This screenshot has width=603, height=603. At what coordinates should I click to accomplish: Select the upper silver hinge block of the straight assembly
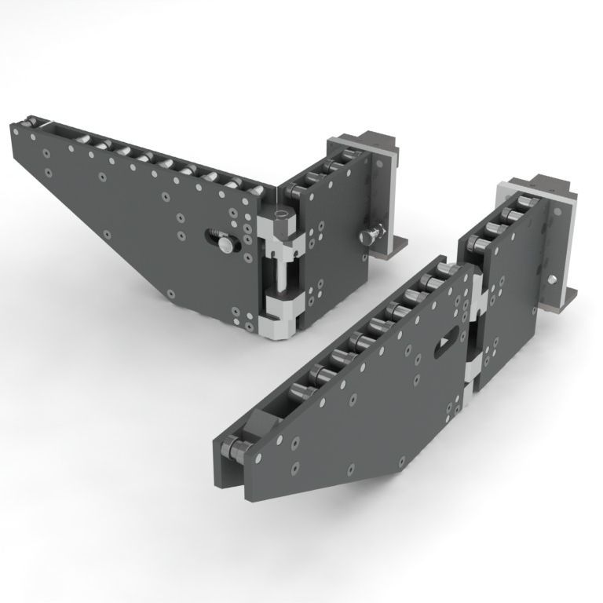[477, 298]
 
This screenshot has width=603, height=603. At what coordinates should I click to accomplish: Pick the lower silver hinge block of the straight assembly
[471, 385]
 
